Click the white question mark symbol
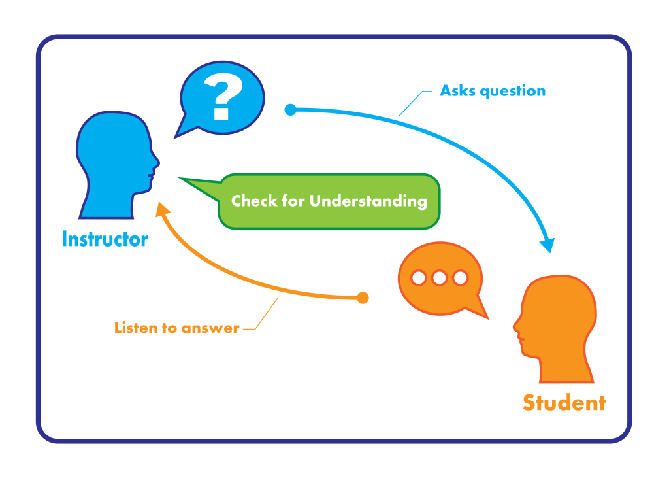(222, 97)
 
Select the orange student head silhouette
(559, 327)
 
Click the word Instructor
(105, 239)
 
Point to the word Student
(564, 403)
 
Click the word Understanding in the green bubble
(368, 201)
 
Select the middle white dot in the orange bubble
(440, 278)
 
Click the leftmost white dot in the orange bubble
(419, 278)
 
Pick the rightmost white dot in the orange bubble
(461, 278)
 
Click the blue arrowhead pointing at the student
(547, 245)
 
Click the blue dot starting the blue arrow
(291, 110)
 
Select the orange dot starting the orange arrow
(363, 298)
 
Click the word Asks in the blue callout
(457, 91)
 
